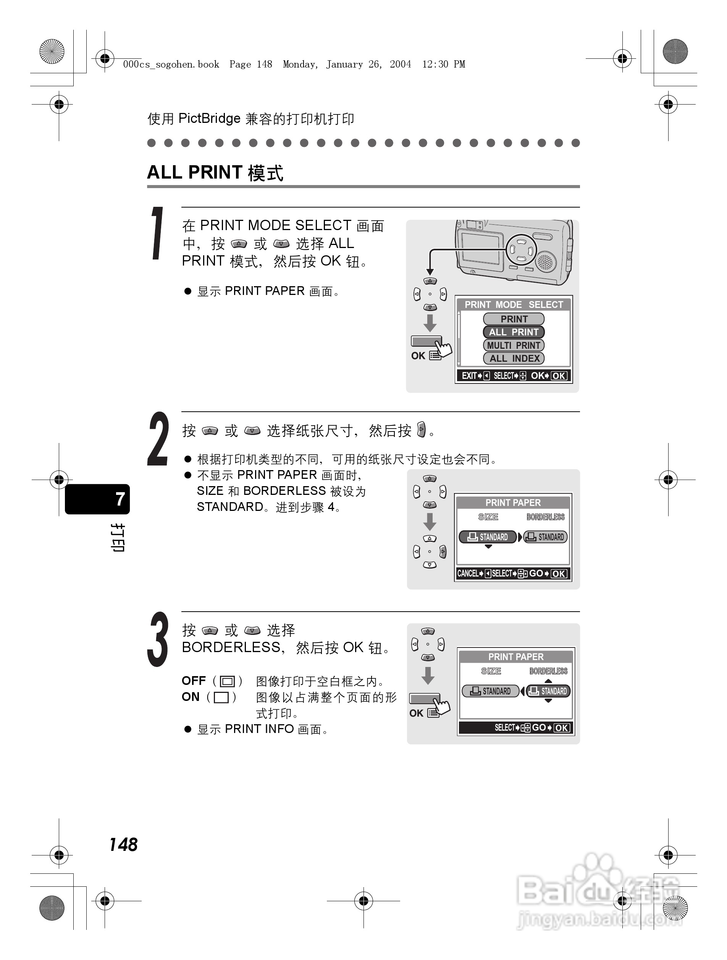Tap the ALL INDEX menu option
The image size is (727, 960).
point(514,359)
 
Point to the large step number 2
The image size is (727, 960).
point(158,439)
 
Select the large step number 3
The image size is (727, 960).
point(158,639)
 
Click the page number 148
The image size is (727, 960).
point(123,844)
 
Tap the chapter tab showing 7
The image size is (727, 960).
point(98,499)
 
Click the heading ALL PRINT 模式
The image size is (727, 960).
point(215,173)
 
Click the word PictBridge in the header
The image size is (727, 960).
point(209,119)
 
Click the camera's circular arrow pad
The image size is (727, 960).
point(521,250)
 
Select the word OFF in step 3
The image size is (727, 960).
point(193,680)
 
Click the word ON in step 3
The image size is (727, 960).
point(190,697)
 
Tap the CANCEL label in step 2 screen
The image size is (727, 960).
point(468,573)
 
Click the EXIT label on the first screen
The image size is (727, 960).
point(469,376)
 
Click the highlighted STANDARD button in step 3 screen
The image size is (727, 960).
point(549,691)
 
